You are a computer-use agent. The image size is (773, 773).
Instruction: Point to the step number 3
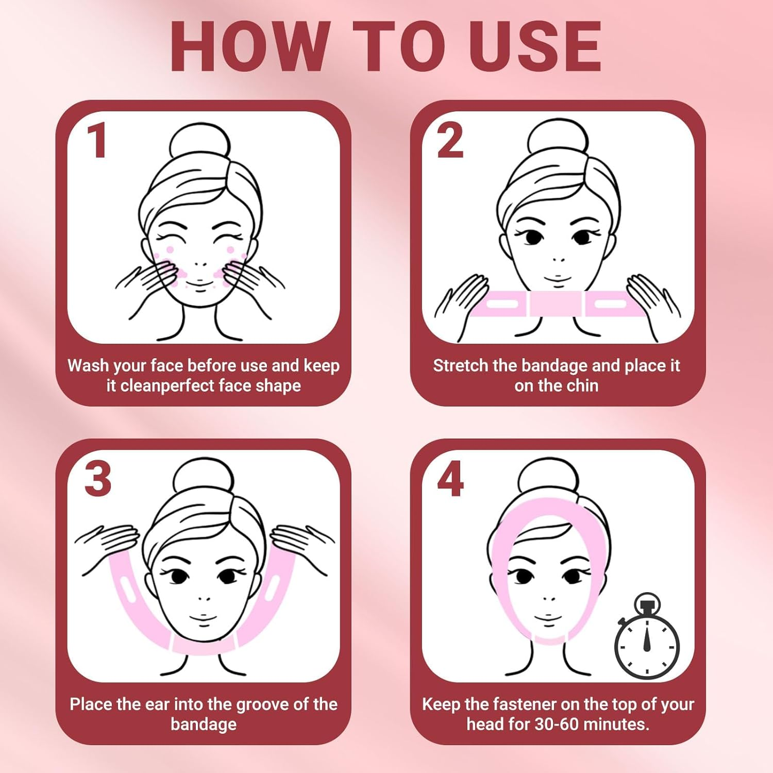(x=97, y=479)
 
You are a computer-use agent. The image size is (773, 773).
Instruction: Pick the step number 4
(x=450, y=479)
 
